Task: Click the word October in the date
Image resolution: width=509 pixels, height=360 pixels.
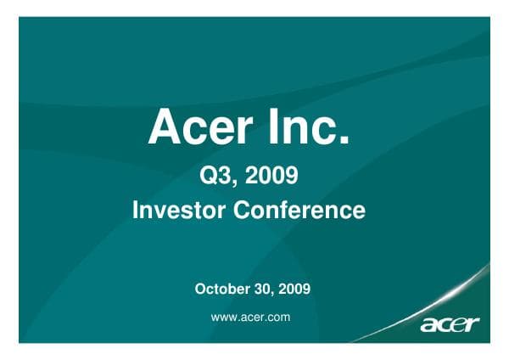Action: point(222,289)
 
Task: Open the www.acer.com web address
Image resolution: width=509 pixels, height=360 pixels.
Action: point(250,316)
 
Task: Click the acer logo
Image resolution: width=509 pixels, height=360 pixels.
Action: point(450,324)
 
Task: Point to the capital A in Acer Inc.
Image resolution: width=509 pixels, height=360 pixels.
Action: point(163,128)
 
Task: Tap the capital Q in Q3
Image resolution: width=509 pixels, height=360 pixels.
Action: point(207,177)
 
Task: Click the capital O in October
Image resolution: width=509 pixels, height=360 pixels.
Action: point(201,289)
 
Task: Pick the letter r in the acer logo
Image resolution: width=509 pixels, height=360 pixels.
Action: point(473,324)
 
